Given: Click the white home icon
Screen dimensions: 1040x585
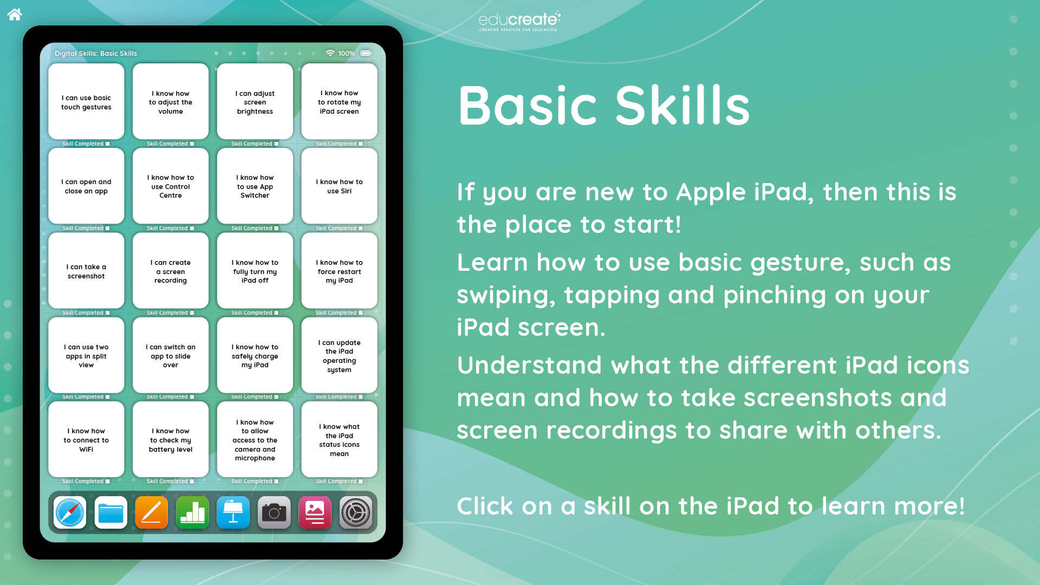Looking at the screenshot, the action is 15,14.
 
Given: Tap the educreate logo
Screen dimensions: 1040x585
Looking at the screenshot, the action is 519,22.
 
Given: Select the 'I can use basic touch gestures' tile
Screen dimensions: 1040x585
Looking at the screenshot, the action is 86,101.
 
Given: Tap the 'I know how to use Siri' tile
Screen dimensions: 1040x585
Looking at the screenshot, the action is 339,186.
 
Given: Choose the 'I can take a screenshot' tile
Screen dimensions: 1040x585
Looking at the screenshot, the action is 86,270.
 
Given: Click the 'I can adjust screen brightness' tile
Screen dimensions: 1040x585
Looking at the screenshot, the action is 255,101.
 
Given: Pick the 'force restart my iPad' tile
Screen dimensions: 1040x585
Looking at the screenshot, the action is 339,270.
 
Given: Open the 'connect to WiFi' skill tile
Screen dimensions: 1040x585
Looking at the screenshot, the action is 86,439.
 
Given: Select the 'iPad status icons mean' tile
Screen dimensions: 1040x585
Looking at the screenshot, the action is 339,439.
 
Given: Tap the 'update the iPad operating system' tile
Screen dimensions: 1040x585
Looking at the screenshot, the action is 339,355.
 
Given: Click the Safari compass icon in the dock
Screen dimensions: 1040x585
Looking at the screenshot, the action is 70,512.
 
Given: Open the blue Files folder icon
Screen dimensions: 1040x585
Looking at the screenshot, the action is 111,512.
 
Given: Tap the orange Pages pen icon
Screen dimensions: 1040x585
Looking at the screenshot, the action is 152,512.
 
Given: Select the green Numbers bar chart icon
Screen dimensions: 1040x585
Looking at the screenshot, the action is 192,512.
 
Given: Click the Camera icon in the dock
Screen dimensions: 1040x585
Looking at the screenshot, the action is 274,512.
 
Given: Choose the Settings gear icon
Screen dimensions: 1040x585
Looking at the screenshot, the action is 356,512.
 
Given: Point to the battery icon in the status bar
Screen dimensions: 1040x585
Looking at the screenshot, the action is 366,53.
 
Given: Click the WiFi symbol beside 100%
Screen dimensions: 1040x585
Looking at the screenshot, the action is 330,53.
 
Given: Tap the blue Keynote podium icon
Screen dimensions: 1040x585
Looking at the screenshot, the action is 233,512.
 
